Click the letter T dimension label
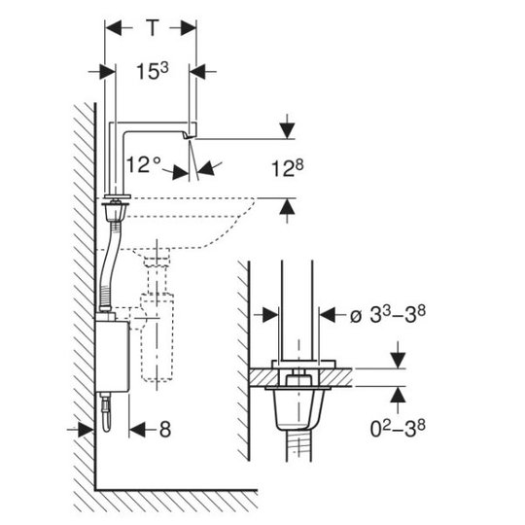(153, 28)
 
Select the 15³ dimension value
(153, 71)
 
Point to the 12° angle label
(144, 164)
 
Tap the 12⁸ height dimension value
(287, 168)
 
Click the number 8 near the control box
(165, 430)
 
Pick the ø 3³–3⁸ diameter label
(388, 314)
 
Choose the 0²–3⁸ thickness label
(398, 429)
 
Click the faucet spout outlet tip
(188, 137)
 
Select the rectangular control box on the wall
(112, 356)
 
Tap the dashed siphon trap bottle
(157, 337)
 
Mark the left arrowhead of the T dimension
(114, 28)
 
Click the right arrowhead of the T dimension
(189, 28)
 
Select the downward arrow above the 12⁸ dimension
(287, 126)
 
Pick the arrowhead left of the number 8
(137, 430)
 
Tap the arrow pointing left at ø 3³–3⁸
(328, 315)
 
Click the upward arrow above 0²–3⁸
(398, 395)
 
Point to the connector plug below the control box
(106, 411)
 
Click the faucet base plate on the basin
(118, 196)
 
